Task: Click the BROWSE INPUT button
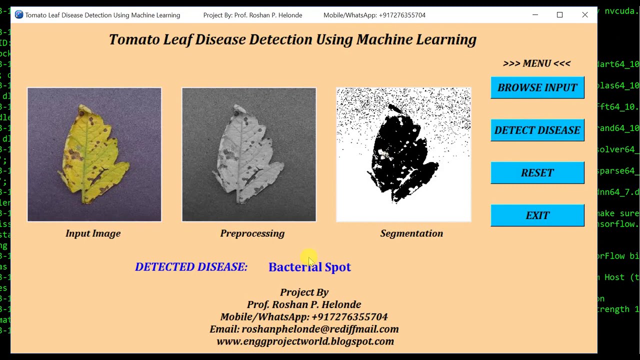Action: coord(537,87)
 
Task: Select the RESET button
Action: coord(537,172)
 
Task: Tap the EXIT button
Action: coord(537,215)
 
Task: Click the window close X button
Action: coord(584,15)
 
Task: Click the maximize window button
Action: coord(559,15)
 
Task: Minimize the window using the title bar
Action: coord(535,15)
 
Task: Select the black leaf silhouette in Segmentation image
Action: coord(400,152)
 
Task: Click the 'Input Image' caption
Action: coord(93,233)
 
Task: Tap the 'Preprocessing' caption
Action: coord(252,233)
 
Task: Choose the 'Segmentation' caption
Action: coord(411,233)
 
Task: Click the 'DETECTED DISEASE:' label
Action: coord(191,267)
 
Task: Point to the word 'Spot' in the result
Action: coord(338,267)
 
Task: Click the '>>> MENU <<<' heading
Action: coord(536,63)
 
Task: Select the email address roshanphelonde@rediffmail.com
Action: coord(320,329)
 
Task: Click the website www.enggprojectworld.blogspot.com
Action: coord(305,341)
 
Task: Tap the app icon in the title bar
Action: coord(19,15)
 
